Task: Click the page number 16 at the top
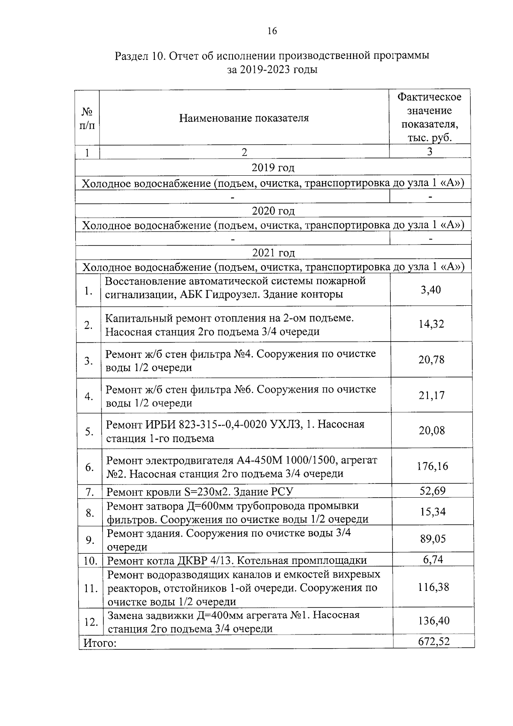272,31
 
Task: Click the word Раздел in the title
130,56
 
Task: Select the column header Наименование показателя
244,118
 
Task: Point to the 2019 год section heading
273,168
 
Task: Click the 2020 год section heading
273,211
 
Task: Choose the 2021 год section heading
273,253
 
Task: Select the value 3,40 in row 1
430,290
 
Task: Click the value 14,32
431,324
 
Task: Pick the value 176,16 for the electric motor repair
433,466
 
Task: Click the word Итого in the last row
99,643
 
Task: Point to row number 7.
89,492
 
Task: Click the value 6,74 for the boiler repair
433,559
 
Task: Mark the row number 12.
91,622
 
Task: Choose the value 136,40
433,621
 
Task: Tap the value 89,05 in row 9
433,539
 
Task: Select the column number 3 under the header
430,152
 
